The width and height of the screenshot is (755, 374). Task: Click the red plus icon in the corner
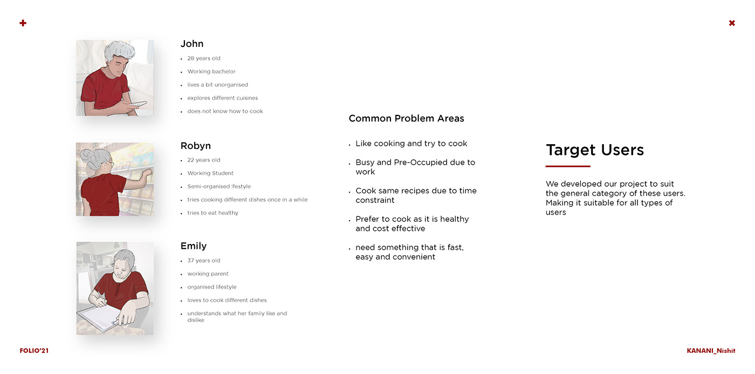coord(23,23)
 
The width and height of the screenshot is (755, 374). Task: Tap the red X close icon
coord(732,23)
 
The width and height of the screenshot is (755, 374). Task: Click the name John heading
coord(192,44)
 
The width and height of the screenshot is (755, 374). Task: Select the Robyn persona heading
coord(195,146)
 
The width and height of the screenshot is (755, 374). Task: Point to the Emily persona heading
coord(194,246)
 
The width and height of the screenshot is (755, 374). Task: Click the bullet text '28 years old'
coord(204,58)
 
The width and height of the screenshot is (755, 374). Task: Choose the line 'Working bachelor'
coord(211,71)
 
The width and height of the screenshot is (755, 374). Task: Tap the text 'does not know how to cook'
coord(225,111)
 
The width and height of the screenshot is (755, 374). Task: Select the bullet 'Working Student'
coord(210,173)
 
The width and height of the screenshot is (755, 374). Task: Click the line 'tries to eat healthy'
coord(212,213)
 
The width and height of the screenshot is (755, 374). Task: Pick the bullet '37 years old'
coord(204,261)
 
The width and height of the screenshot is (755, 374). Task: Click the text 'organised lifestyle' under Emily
coord(212,287)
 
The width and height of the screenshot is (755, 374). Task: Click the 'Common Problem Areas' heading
coord(406,118)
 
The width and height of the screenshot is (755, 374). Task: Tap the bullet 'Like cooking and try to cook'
coord(411,144)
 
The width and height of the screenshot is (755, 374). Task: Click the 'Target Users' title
coord(595,150)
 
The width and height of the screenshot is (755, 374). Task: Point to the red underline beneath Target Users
coord(568,166)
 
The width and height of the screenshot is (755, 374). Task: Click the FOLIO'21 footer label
coord(34,351)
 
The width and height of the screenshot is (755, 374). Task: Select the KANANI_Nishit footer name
coord(711,351)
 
